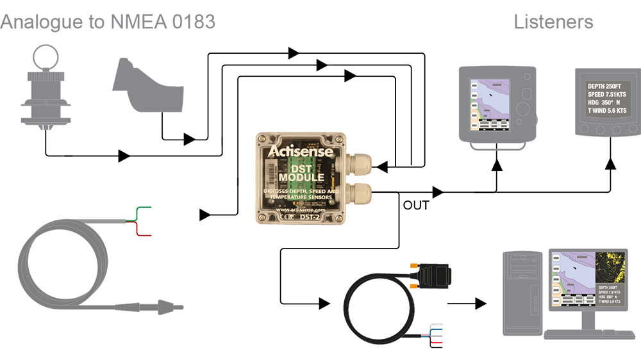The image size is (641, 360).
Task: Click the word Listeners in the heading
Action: coord(553,22)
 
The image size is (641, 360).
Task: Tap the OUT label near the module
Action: coord(415,206)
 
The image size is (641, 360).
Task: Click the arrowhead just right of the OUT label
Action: coord(438,192)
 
